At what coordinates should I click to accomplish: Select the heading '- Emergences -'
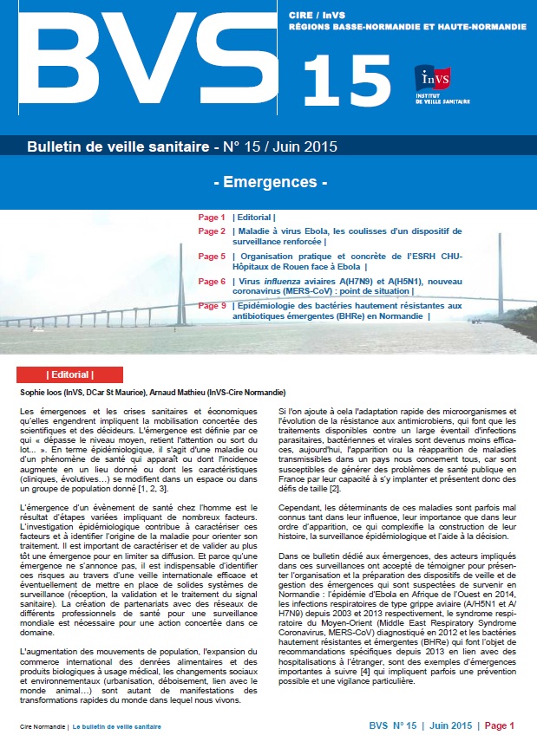269,183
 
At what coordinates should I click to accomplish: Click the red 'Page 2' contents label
211,231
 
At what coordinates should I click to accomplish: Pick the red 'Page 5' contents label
211,257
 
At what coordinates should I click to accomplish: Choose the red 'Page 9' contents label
211,306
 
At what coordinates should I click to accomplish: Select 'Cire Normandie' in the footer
40,725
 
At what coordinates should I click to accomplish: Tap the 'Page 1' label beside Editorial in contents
211,217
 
